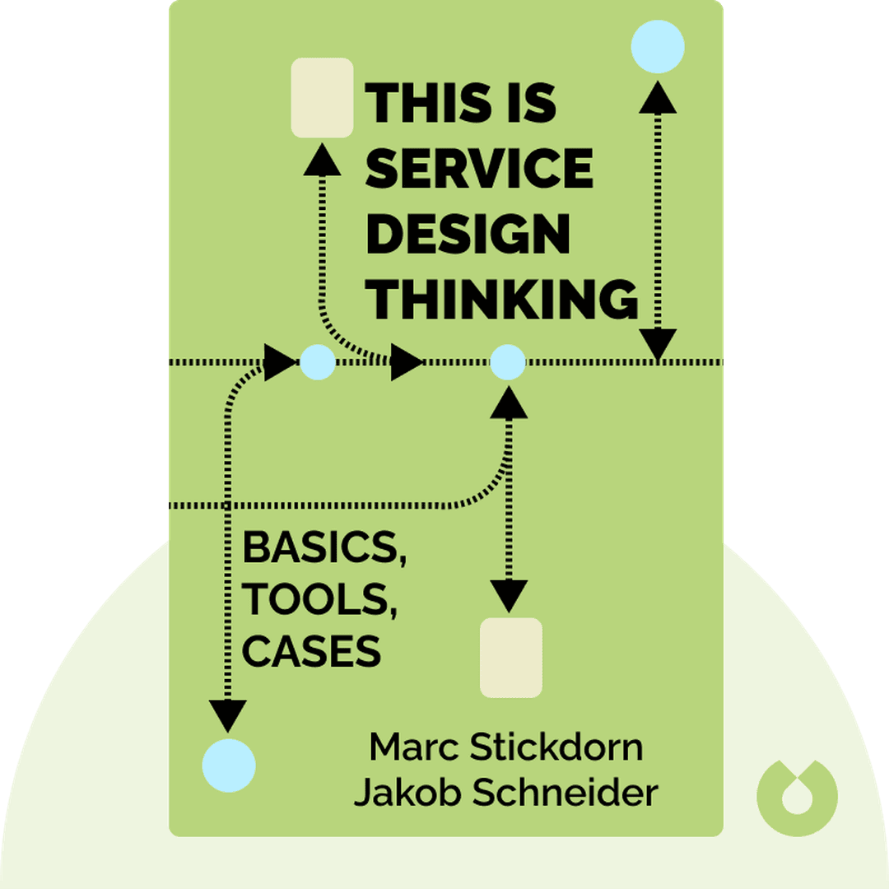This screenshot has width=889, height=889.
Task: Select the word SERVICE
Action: [x=479, y=170]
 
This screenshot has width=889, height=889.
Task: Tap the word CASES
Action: [x=311, y=652]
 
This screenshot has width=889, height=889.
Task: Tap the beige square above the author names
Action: [x=511, y=658]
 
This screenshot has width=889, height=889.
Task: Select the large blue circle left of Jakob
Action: [x=229, y=766]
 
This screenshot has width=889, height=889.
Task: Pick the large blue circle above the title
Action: [x=658, y=46]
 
